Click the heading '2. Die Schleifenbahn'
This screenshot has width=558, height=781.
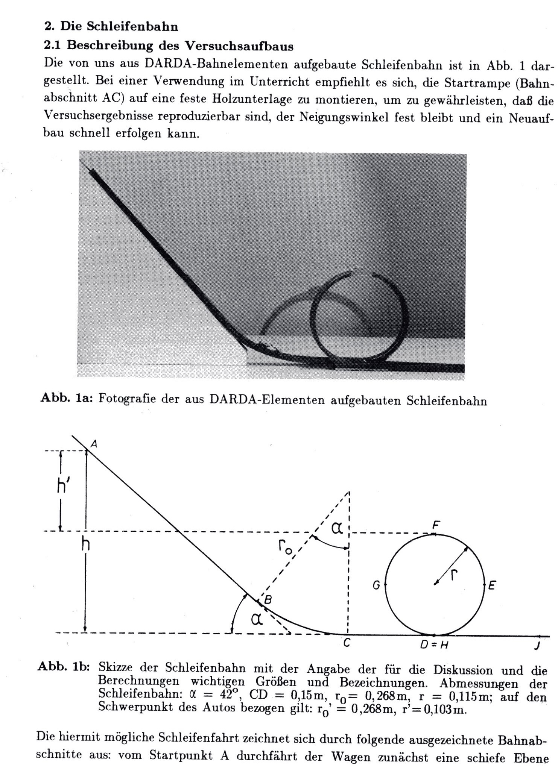click(x=111, y=27)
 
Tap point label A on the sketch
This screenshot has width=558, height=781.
click(x=94, y=444)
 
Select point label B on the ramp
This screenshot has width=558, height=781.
click(x=268, y=601)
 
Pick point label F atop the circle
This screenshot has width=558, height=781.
click(x=436, y=525)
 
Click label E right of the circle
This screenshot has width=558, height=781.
click(x=492, y=585)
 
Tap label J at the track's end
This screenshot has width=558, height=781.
click(x=538, y=645)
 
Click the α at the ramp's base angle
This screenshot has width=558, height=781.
click(x=256, y=619)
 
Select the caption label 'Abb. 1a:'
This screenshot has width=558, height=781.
click(x=66, y=399)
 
